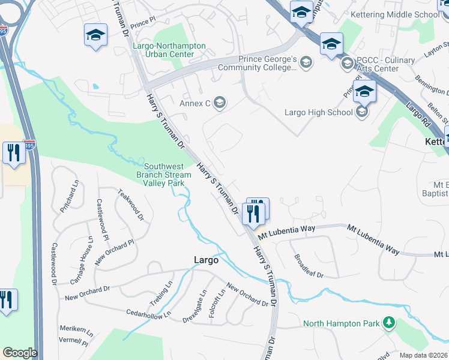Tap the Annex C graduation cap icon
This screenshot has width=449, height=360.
[219, 103]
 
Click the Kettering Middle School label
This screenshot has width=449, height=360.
[411, 15]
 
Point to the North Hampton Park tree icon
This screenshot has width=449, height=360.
[389, 323]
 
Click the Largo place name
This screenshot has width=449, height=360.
[206, 260]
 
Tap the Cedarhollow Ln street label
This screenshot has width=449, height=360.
[149, 313]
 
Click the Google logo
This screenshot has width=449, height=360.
[20, 353]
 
